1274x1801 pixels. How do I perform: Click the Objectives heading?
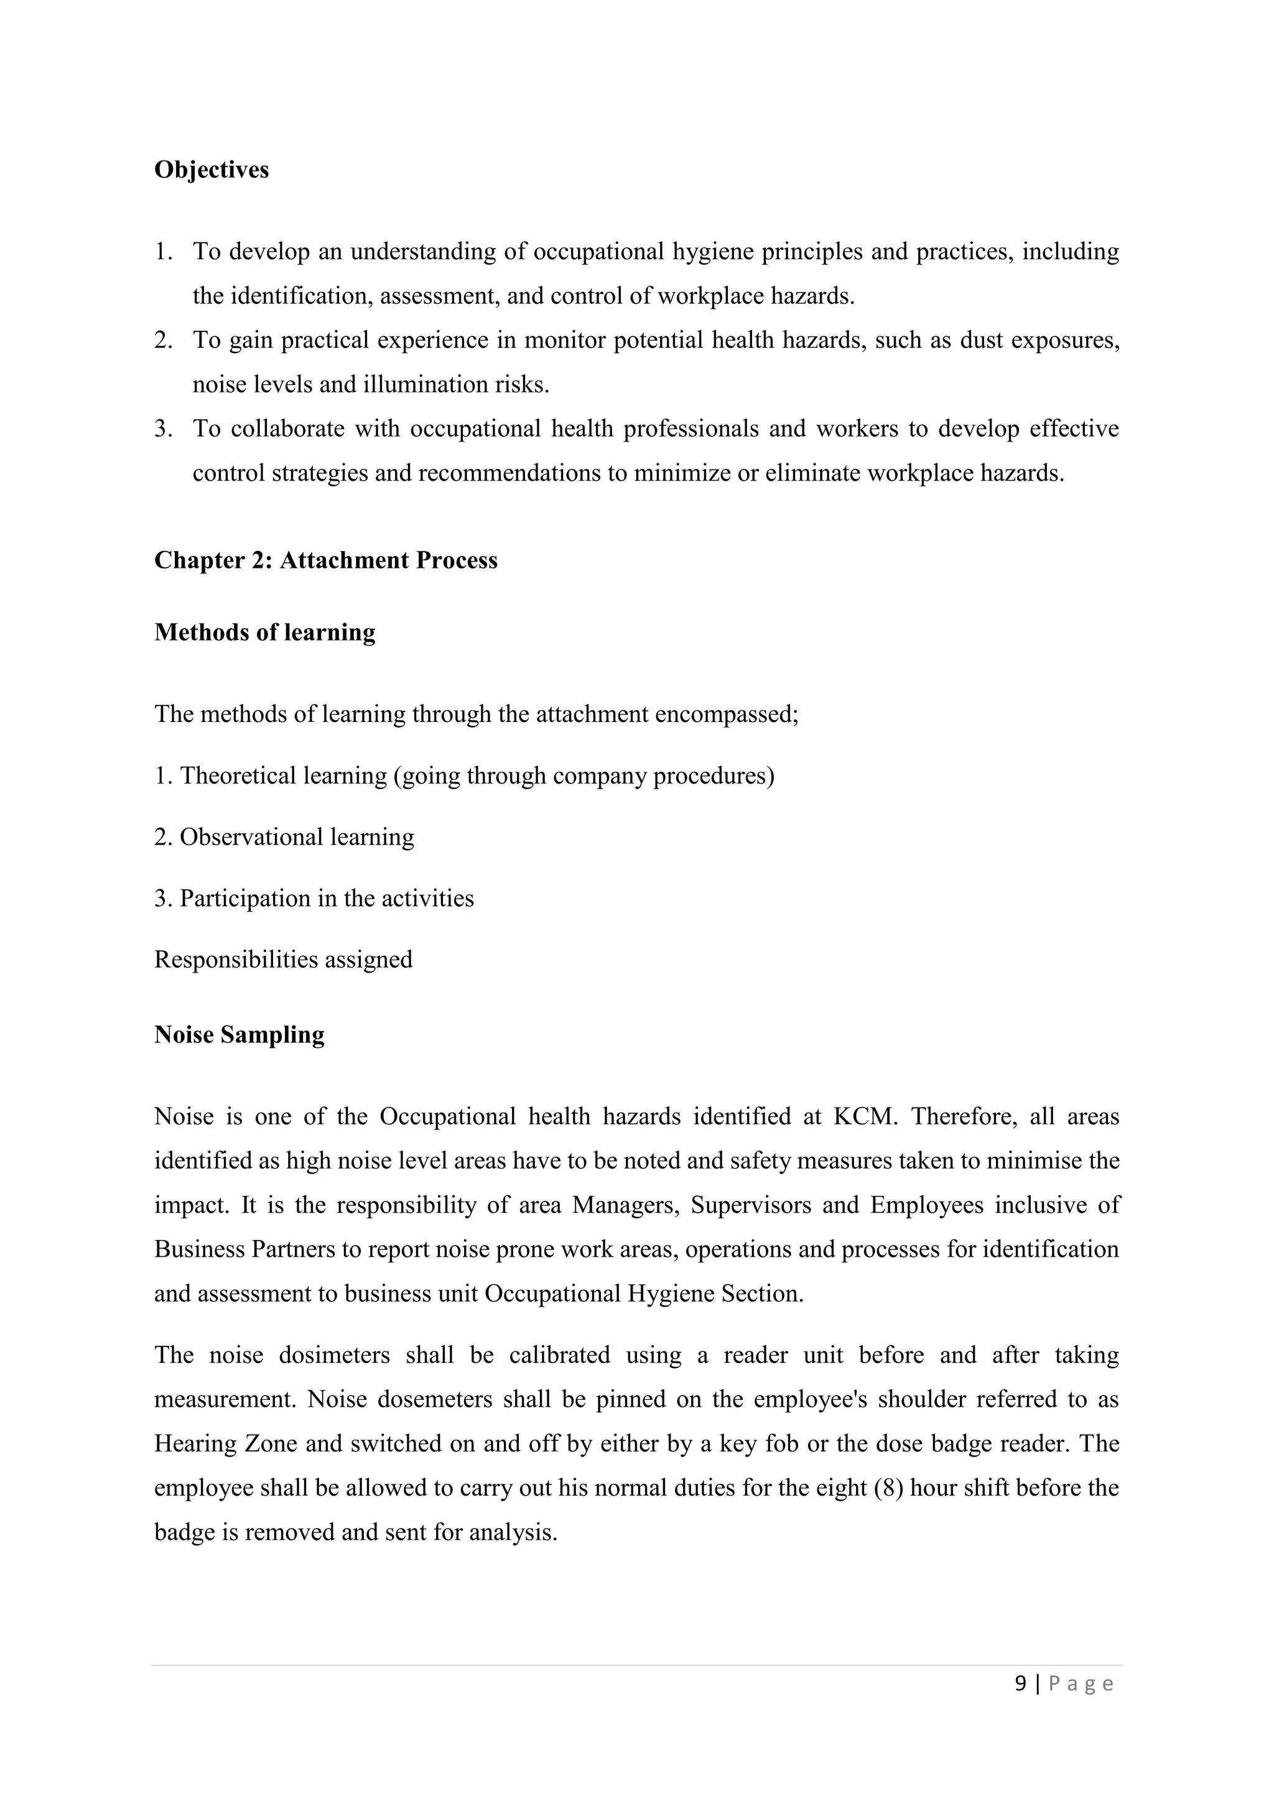point(211,170)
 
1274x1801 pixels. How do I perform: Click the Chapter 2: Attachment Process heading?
point(325,560)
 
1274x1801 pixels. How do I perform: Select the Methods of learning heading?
point(264,632)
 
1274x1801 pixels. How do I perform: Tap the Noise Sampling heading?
point(239,1035)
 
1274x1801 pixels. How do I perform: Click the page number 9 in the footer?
point(1020,1683)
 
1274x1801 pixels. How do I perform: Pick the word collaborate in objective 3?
point(287,429)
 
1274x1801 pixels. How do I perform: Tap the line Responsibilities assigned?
point(283,960)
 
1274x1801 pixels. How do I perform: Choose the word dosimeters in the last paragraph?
point(334,1356)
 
